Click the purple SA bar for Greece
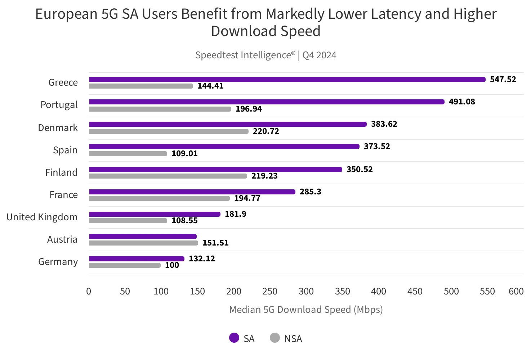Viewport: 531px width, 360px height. [287, 80]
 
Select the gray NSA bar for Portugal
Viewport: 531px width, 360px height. [160, 109]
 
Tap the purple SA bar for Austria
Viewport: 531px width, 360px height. [143, 237]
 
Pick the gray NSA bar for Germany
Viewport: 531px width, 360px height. [125, 265]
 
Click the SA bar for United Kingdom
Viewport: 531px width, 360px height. [155, 214]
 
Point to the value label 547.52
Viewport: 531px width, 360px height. [503, 79]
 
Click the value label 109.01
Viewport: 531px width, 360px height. [184, 154]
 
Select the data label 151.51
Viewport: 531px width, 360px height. [215, 243]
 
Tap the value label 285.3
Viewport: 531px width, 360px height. [311, 192]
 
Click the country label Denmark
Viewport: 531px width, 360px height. [58, 128]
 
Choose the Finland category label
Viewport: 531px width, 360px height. [61, 172]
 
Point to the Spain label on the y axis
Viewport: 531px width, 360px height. [65, 150]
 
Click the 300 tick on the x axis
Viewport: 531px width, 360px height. [306, 291]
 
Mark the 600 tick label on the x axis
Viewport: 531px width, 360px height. [516, 291]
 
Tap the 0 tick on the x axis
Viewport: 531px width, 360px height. [89, 291]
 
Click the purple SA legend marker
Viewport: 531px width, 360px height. [234, 338]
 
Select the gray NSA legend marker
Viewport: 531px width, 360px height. [275, 338]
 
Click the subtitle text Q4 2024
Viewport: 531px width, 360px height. [319, 55]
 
